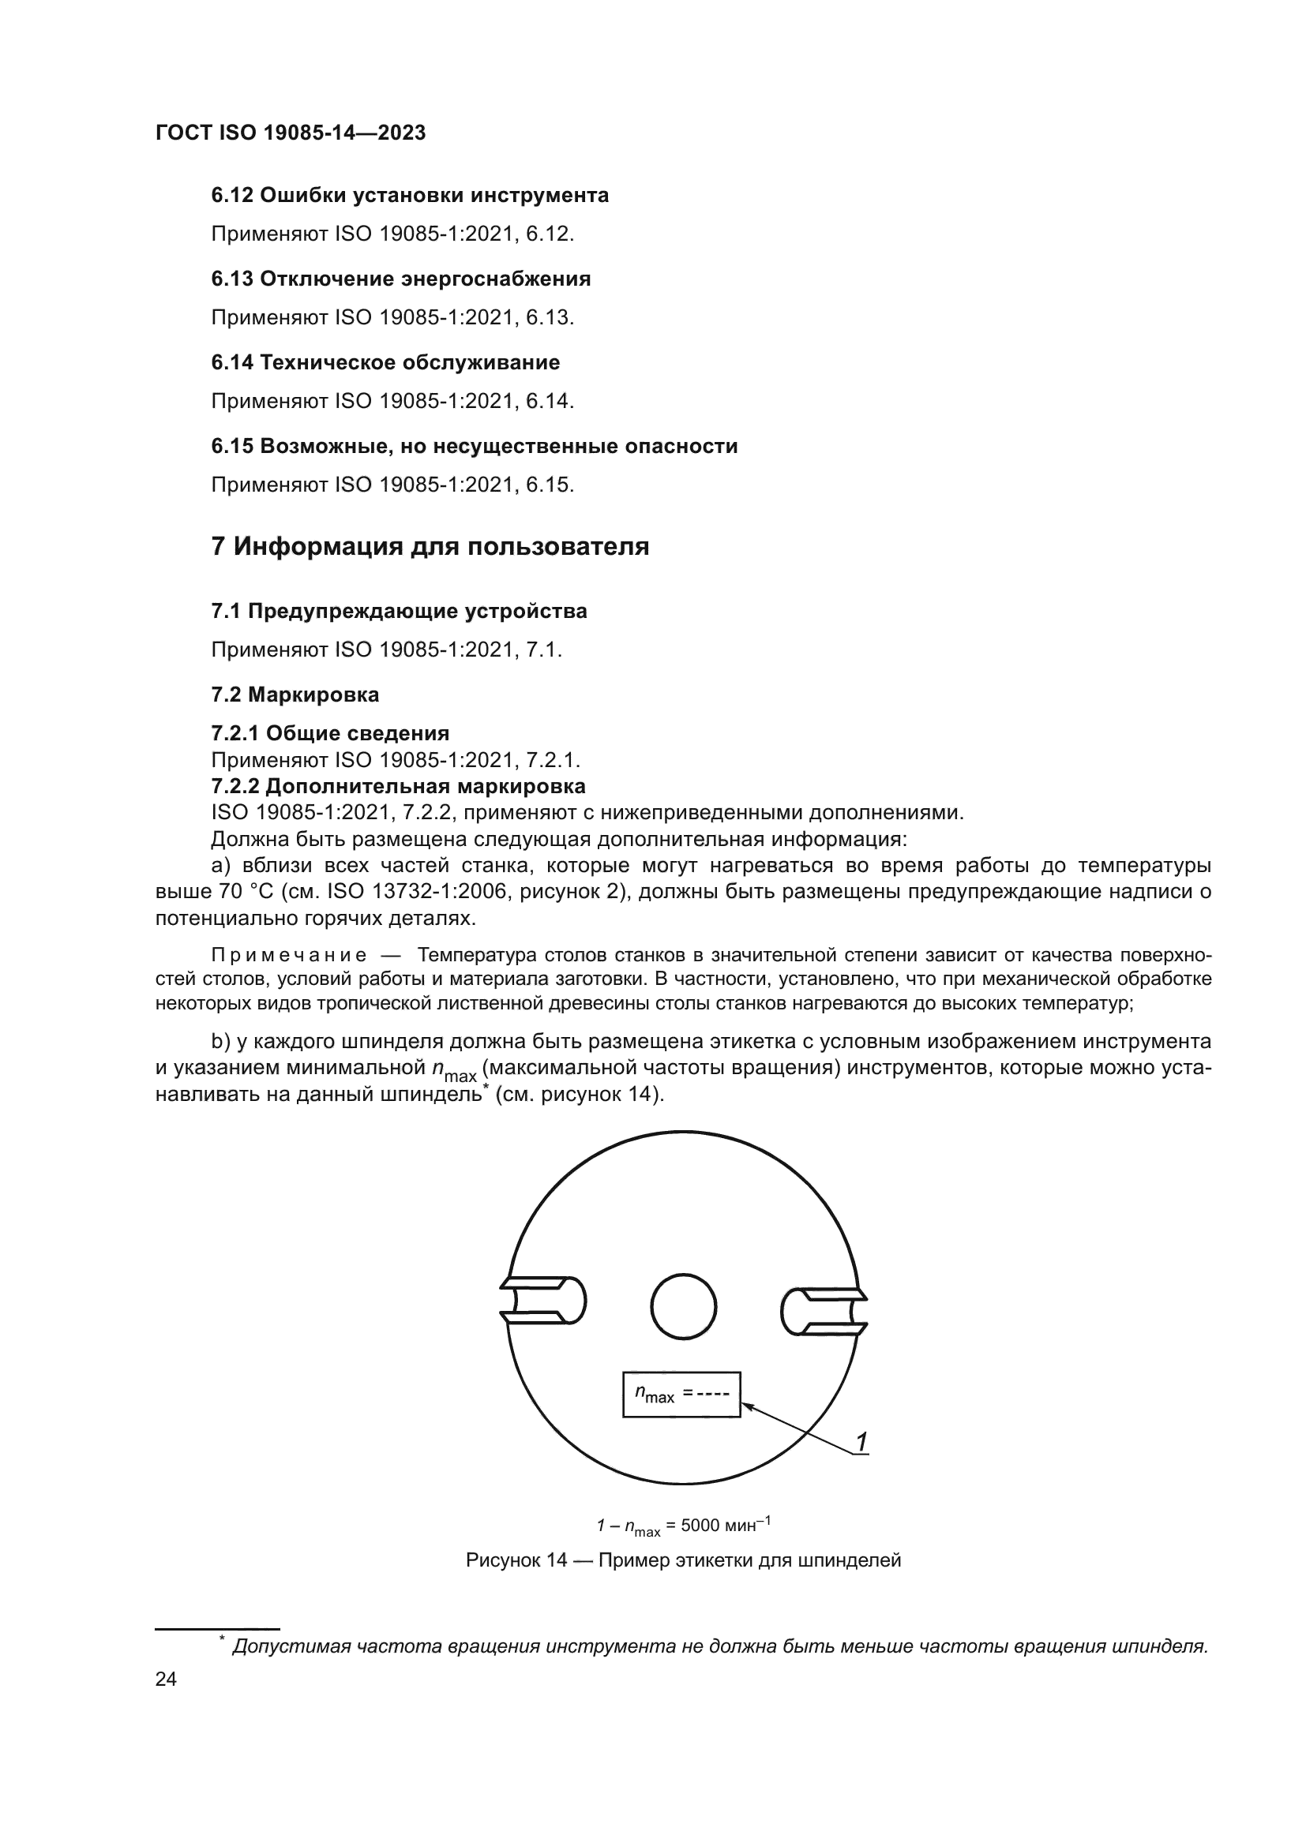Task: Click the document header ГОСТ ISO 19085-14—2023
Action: pos(291,133)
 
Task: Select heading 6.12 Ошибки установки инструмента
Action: pos(409,196)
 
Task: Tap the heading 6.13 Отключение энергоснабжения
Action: pos(400,279)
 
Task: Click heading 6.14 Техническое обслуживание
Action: pos(385,362)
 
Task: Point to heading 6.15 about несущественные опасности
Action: pos(474,446)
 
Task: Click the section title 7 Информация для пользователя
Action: pos(430,547)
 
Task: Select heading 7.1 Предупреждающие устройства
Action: pos(399,611)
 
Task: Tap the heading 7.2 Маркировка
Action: pos(295,694)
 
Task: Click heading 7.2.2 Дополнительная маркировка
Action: pos(398,785)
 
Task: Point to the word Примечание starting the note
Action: pos(289,955)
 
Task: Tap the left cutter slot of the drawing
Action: pos(542,1300)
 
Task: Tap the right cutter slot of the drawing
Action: pos(824,1312)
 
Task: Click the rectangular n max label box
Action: pos(681,1394)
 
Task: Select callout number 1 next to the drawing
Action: pos(861,1443)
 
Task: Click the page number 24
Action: pos(166,1679)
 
